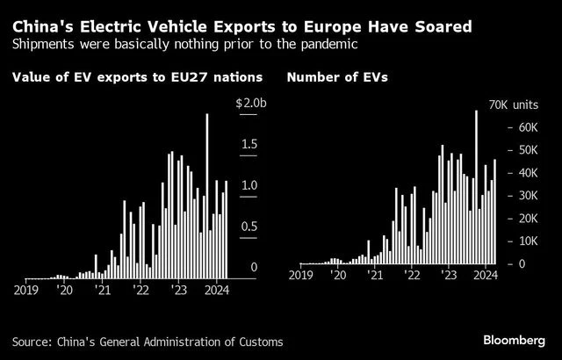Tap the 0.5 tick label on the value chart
coord(249,227)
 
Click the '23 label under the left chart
coord(179,288)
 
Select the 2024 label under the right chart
coord(486,275)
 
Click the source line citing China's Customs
coord(148,340)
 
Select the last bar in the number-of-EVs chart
coord(495,211)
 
